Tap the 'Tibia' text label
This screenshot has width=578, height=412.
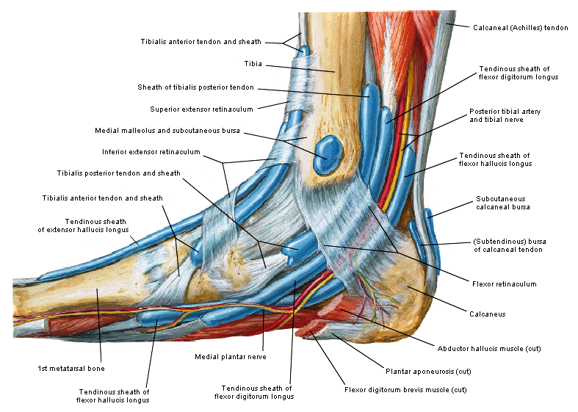click(253, 64)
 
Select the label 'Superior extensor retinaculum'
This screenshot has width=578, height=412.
click(201, 109)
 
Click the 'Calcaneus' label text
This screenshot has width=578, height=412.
click(487, 314)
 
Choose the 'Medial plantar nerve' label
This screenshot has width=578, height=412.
click(230, 357)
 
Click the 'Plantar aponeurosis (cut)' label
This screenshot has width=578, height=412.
click(428, 370)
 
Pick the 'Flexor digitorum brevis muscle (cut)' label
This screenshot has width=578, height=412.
click(405, 389)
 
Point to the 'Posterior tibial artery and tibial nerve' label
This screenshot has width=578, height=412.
click(505, 115)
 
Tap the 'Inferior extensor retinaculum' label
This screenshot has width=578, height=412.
click(151, 152)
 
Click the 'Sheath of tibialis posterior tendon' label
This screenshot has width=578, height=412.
click(195, 87)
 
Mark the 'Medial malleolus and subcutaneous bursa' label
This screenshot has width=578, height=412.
click(167, 131)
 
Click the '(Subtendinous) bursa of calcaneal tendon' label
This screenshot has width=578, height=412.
click(507, 245)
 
